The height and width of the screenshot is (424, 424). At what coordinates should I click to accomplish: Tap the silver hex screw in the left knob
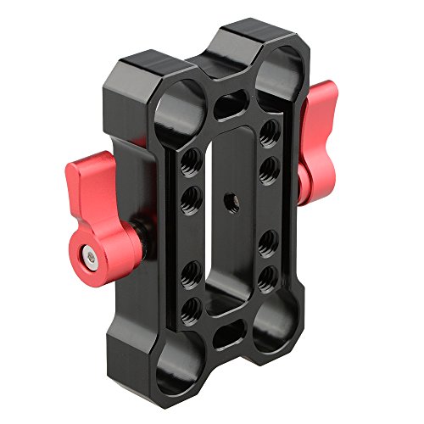pyautogui.click(x=87, y=254)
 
